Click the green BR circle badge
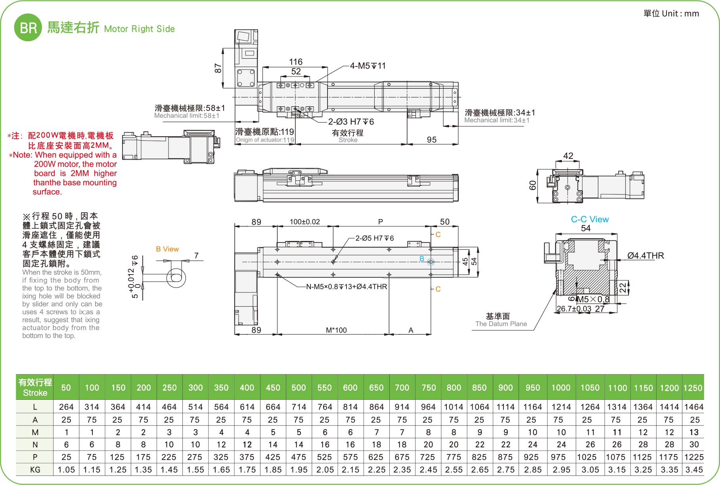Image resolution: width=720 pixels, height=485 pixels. (x=28, y=27)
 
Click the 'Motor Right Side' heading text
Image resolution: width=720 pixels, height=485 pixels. (x=139, y=29)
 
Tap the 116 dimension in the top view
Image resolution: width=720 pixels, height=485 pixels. (x=295, y=62)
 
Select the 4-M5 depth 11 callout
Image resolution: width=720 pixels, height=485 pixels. (x=368, y=66)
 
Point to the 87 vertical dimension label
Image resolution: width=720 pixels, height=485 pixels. (x=218, y=68)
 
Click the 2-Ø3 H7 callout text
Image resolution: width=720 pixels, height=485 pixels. (x=351, y=122)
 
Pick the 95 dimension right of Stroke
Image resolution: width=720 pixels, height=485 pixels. (x=431, y=139)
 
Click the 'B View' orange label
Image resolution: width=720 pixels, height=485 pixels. (x=167, y=249)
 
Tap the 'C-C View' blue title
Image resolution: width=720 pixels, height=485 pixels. (x=590, y=220)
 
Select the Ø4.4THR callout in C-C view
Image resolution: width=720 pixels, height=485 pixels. (x=645, y=256)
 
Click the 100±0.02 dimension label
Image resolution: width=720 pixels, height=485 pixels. (x=304, y=221)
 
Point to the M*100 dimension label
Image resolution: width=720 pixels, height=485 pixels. (x=336, y=330)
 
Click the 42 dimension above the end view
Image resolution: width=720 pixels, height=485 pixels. (x=568, y=156)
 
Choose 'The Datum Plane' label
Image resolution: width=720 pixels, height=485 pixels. (x=501, y=324)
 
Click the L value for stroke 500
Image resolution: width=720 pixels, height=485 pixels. (x=299, y=407)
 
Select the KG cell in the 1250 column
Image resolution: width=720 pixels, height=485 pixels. (x=693, y=470)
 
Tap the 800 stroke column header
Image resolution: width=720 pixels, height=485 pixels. (x=454, y=388)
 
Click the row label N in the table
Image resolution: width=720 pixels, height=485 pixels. (x=35, y=445)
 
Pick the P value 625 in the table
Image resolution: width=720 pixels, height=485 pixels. (x=376, y=457)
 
